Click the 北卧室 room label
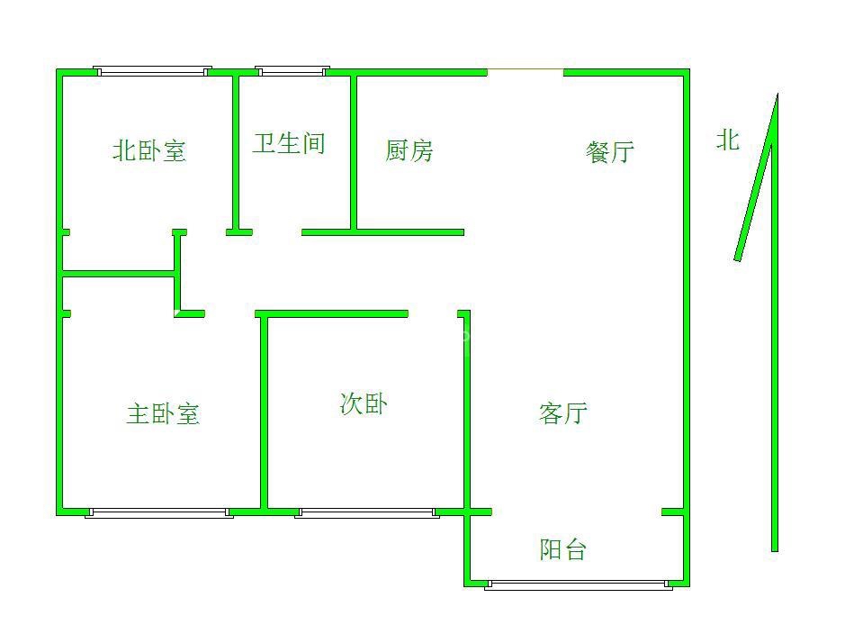(149, 150)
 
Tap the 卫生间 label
(288, 143)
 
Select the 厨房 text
(409, 150)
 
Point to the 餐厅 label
(610, 151)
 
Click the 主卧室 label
(163, 414)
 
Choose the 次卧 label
(364, 404)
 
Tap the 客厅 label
(563, 413)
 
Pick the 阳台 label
(563, 549)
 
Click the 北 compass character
(727, 140)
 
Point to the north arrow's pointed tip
(776, 95)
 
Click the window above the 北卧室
(153, 71)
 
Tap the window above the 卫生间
(292, 71)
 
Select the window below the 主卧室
(159, 513)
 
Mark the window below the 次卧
(366, 513)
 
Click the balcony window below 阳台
(579, 585)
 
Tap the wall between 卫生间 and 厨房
(354, 153)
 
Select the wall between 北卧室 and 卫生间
(236, 153)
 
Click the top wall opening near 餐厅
(526, 71)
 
